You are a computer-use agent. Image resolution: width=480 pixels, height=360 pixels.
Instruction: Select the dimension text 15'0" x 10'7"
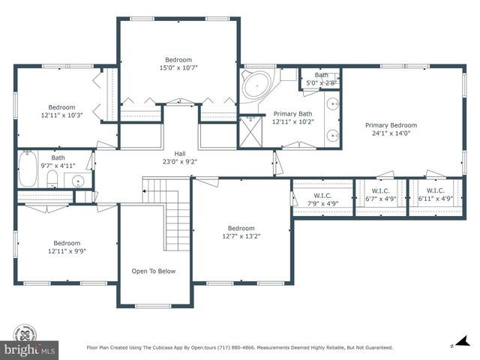179,68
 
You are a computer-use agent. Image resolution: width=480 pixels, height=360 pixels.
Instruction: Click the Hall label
180,152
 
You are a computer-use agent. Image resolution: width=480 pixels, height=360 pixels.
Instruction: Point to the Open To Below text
154,271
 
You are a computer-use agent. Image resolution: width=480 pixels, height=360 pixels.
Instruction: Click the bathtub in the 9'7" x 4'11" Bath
27,169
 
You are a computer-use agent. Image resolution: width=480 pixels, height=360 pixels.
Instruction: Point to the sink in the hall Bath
78,180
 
